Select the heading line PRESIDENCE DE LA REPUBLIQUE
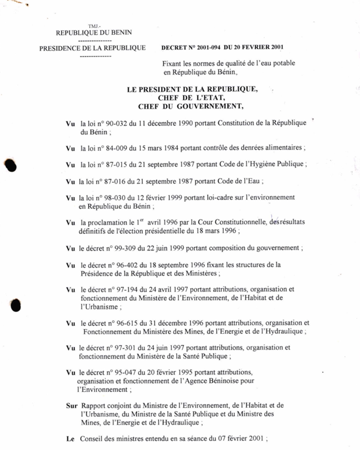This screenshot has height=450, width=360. (x=92, y=48)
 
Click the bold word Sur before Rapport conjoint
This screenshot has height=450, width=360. (x=71, y=406)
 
